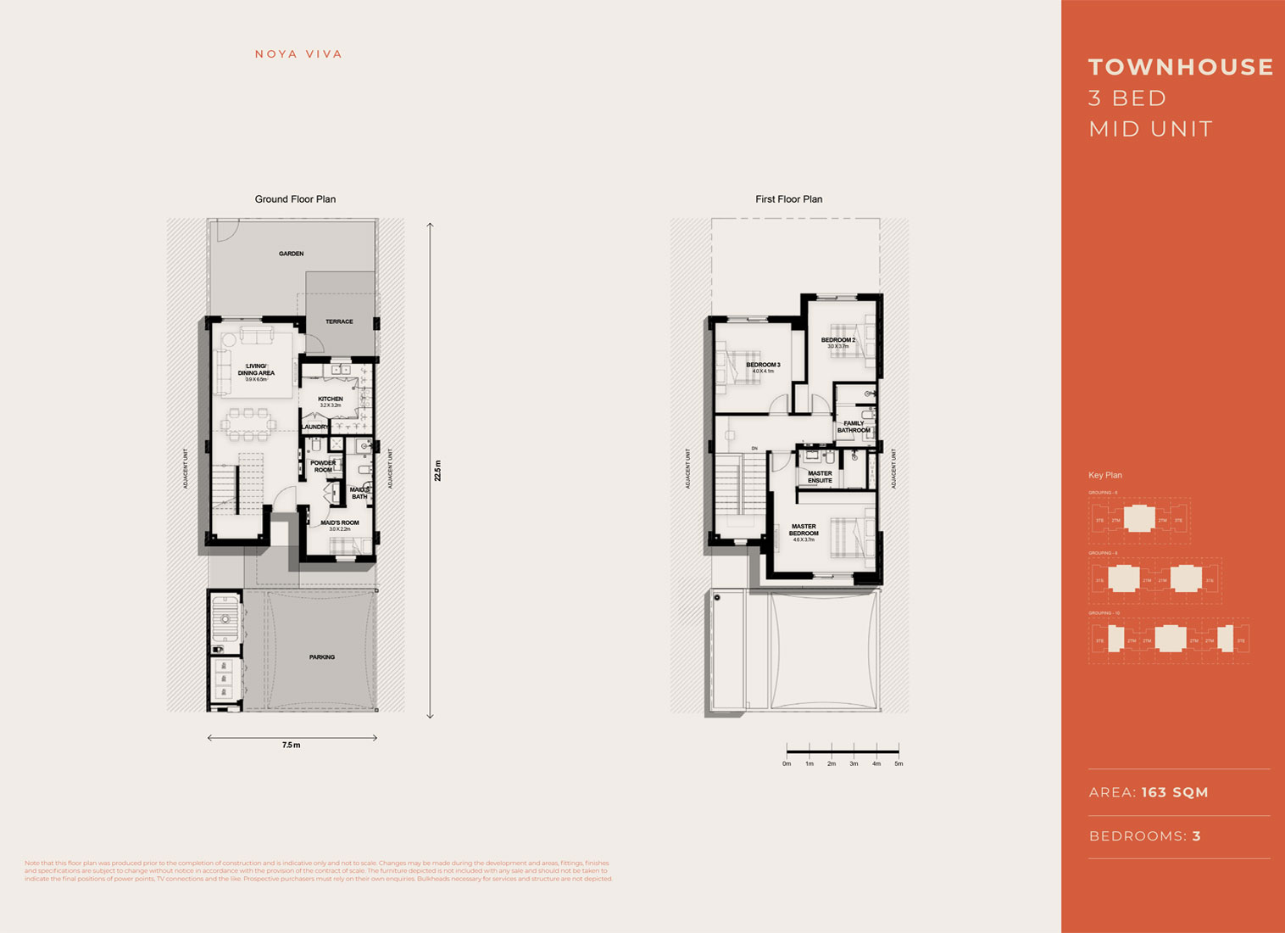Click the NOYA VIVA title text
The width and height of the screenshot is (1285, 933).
pos(298,54)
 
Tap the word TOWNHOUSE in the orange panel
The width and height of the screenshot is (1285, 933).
pos(1181,67)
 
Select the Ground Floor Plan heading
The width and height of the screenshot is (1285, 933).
pos(295,199)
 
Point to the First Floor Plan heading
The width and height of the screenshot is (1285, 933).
pos(788,199)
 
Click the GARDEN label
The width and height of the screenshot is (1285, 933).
pos(291,254)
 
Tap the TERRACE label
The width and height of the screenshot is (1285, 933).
pos(339,321)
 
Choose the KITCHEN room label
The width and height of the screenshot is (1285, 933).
pos(331,399)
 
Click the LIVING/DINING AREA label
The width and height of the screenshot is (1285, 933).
pos(256,370)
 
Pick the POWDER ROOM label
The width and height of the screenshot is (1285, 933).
pos(323,466)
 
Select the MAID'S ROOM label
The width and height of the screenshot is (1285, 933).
pos(339,522)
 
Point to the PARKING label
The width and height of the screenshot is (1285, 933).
pos(322,657)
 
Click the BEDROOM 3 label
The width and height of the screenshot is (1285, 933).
pos(763,365)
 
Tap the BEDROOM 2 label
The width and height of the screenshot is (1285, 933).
pos(837,340)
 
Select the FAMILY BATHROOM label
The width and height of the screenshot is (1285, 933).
pos(854,427)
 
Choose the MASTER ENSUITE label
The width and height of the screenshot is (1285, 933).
pos(820,477)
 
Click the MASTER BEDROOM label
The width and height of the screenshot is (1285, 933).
pos(804,530)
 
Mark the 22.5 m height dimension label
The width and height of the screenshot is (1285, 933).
pos(438,471)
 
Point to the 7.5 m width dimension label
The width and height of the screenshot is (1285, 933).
pos(291,745)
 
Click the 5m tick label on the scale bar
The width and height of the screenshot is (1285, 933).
pos(898,763)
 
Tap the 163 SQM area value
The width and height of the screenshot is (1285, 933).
pos(1175,792)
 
